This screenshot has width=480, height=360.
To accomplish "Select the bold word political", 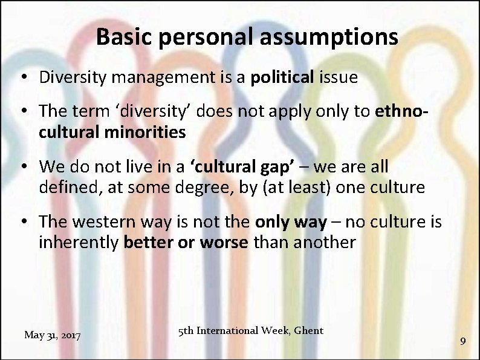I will pyautogui.click(x=282, y=77).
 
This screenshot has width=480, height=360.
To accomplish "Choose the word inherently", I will pyautogui.click(x=79, y=243).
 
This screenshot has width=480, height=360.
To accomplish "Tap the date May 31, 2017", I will pyautogui.click(x=53, y=335).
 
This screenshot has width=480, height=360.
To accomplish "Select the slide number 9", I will pyautogui.click(x=462, y=341).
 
